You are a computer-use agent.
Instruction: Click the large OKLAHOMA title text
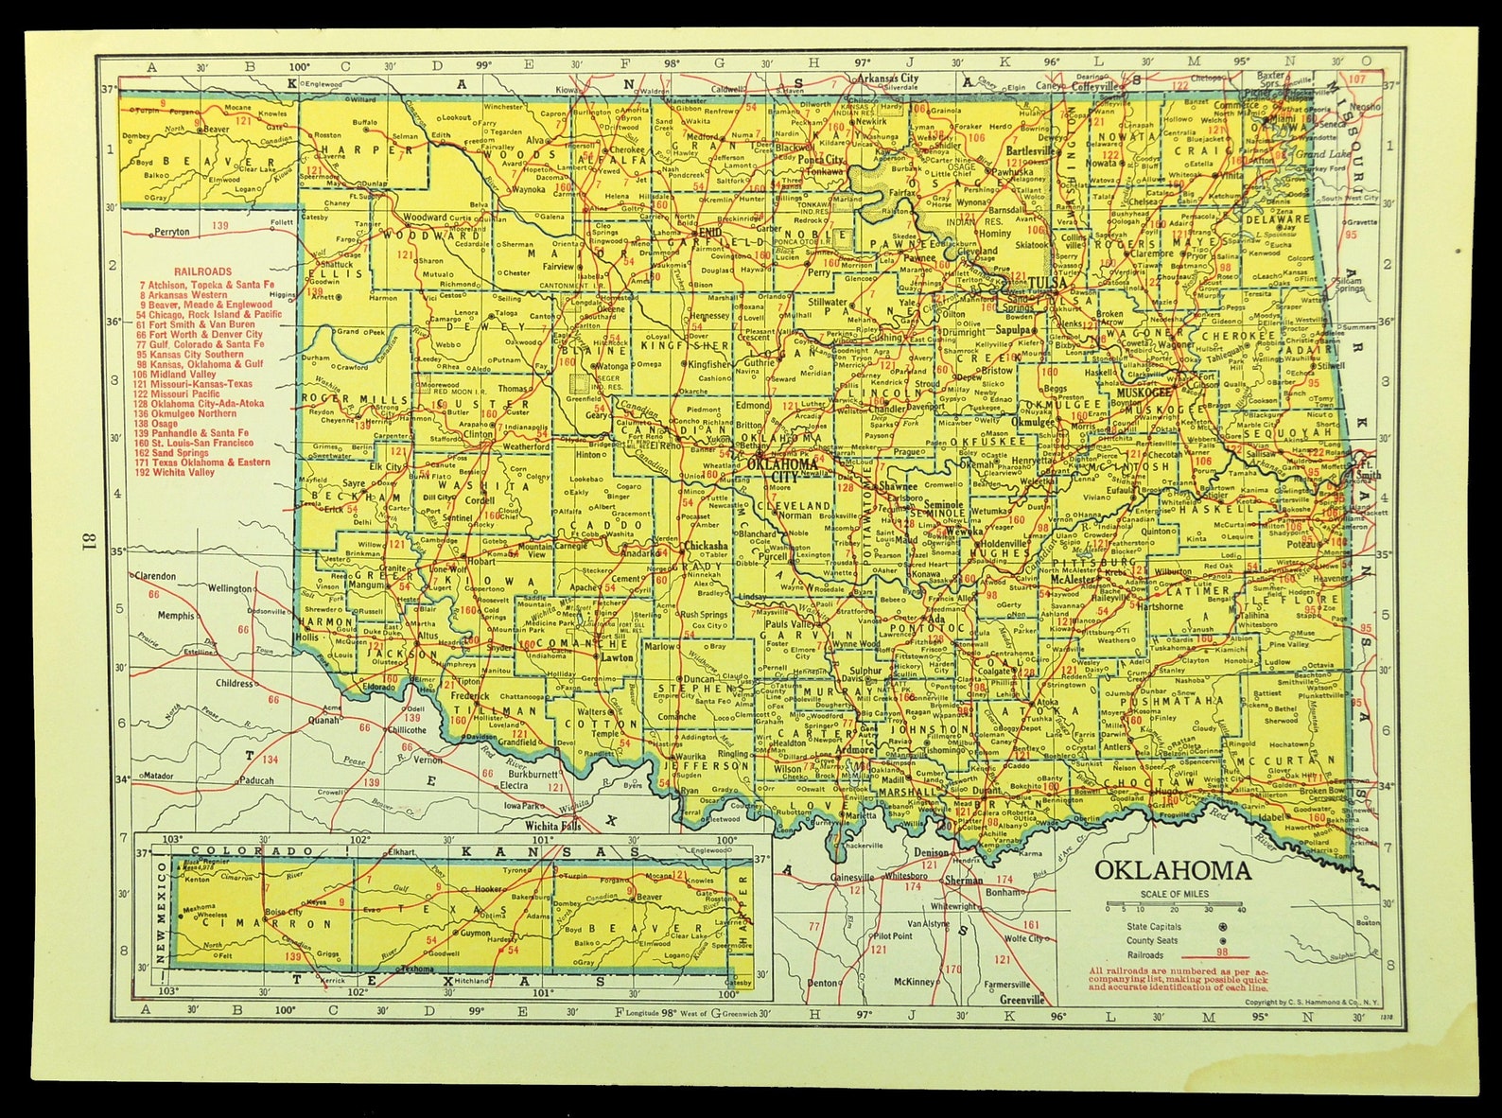(1173, 871)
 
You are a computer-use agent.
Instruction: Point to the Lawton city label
(617, 656)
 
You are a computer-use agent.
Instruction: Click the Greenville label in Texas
(1022, 1000)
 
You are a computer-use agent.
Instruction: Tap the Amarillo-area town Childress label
(234, 683)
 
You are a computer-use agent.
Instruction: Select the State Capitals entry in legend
(1153, 927)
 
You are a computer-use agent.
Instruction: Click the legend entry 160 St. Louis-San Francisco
(207, 443)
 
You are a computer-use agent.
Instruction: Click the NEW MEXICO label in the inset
(162, 913)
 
